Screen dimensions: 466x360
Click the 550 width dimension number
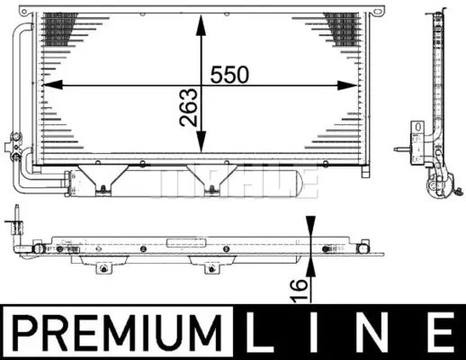pos(229,75)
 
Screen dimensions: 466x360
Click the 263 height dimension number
pos(189,107)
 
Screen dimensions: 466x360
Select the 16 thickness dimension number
pos(299,290)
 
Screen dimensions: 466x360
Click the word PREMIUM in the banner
pos(117,333)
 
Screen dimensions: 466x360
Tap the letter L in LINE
pos(259,332)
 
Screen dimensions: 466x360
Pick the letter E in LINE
pos(441,332)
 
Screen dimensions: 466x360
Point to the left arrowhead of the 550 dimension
pos(53,85)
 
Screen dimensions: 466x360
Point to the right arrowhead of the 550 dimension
pos(347,85)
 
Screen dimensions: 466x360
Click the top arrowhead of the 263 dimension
pos(201,25)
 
